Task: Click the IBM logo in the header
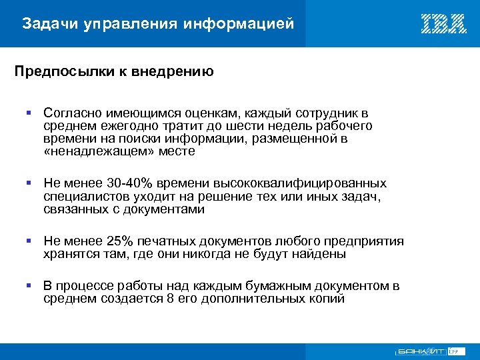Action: [443, 24]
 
